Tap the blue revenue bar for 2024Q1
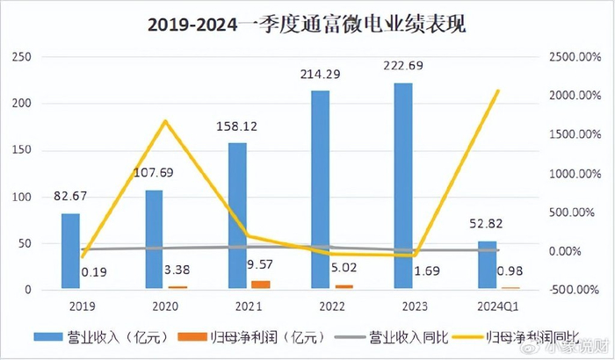point(487,264)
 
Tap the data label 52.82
point(487,226)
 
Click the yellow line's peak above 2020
point(164,121)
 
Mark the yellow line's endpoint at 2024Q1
point(498,90)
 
